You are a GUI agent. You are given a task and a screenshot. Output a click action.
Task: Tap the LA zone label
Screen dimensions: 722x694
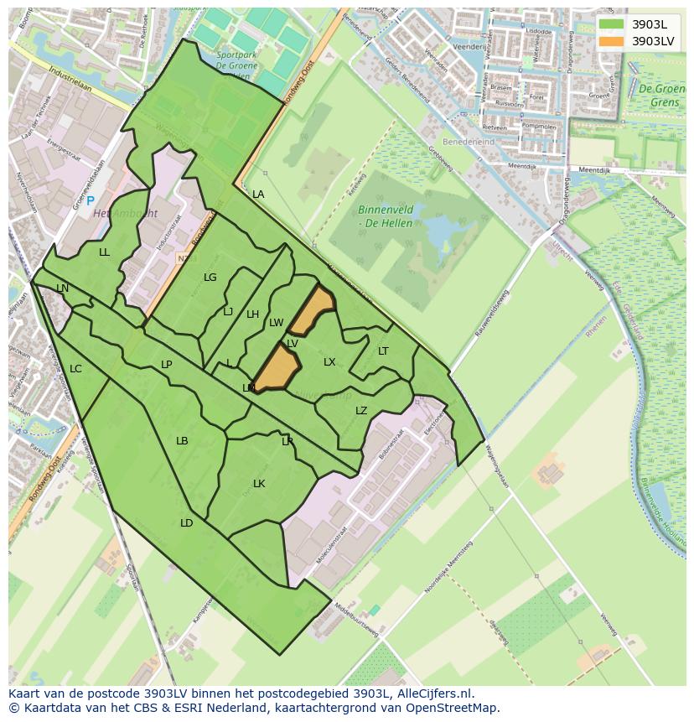[258, 195]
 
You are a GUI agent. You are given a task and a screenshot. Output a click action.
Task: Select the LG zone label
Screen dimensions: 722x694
[210, 278]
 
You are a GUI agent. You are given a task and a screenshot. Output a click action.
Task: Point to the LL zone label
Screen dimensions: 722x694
[104, 252]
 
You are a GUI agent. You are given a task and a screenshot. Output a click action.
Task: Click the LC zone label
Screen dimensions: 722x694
[75, 369]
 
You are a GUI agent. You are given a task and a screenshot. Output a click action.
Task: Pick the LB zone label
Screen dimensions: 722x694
[182, 441]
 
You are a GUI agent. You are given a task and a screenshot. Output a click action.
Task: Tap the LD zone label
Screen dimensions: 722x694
[186, 523]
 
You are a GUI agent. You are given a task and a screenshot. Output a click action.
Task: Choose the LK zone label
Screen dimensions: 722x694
[259, 484]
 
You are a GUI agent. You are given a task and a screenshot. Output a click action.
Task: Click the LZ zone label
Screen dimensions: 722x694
[361, 411]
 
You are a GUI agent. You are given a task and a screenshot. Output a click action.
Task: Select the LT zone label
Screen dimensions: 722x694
[383, 351]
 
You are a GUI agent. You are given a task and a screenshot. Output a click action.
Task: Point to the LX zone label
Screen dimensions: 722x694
[329, 362]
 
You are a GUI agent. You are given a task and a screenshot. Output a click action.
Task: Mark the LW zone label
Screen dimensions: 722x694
[276, 323]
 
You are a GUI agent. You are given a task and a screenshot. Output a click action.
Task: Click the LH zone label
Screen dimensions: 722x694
[252, 314]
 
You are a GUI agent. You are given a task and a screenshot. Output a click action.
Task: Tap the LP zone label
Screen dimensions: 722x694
[166, 365]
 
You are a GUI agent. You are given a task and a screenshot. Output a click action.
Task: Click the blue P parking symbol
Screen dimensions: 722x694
[91, 201]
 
